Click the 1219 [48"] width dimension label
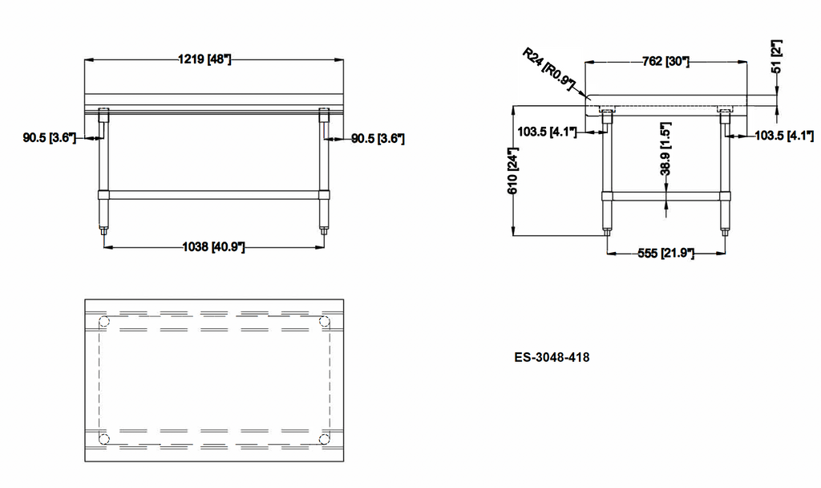click(x=204, y=59)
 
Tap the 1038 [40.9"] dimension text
click(x=213, y=246)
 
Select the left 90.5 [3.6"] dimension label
click(x=49, y=138)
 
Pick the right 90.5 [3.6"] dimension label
click(x=378, y=138)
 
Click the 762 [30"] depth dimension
click(x=665, y=61)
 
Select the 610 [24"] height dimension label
click(x=512, y=170)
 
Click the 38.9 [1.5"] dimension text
click(x=665, y=148)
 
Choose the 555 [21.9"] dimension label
click(x=666, y=253)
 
